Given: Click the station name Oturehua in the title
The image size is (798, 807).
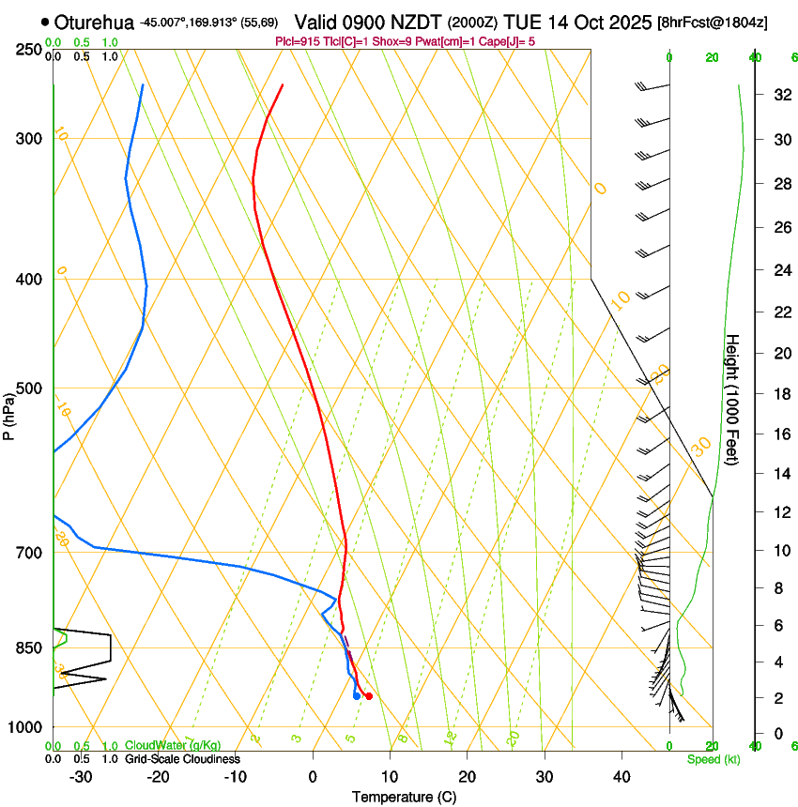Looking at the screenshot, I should click(x=94, y=22).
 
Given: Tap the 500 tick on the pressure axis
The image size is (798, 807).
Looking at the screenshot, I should click(x=27, y=388).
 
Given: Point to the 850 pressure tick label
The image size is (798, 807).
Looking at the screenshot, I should click(x=27, y=647).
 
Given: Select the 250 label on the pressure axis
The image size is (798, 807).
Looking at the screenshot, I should click(x=27, y=49).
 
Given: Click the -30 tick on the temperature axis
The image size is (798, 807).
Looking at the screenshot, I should click(x=82, y=776).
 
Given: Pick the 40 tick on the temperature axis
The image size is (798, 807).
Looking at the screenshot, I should click(x=621, y=776).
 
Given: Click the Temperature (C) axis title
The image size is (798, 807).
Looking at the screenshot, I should click(x=404, y=797).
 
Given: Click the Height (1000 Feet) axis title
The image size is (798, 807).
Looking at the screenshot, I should click(x=733, y=400).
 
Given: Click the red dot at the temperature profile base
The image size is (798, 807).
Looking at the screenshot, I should click(x=369, y=696).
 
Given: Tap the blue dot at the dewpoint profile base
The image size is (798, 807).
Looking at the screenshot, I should click(x=357, y=696).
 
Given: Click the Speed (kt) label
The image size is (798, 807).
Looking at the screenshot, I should click(x=713, y=759).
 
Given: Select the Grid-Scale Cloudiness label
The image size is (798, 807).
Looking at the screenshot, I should click(x=182, y=759).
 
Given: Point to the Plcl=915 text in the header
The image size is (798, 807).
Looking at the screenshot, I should click(x=299, y=41).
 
